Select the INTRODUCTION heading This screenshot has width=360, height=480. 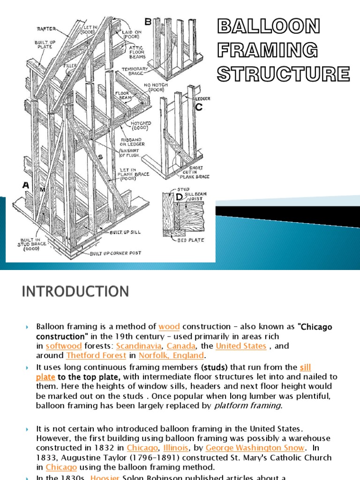point(75,292)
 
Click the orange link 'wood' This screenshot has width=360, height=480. point(169,327)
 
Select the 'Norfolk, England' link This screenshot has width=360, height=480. point(172,355)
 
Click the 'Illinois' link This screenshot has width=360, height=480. point(179,448)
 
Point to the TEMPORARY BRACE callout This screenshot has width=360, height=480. point(135,70)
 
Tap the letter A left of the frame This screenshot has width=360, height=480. point(26,186)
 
